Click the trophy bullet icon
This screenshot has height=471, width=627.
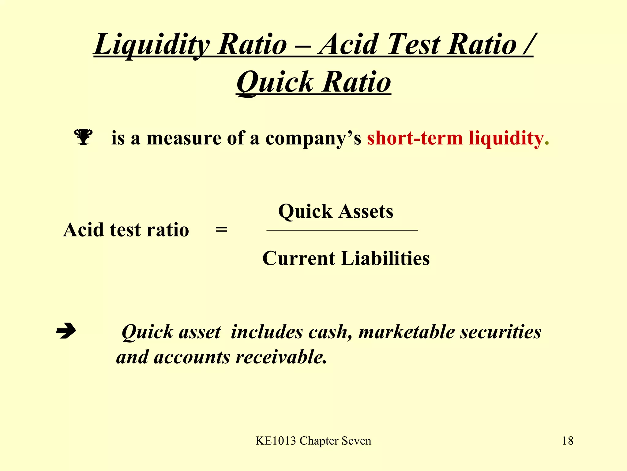pos(83,137)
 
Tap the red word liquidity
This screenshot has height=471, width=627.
pos(506,138)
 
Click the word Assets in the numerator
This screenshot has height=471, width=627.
pos(366,212)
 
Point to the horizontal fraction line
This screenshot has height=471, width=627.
pos(342,230)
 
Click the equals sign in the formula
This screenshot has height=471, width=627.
pos(221,230)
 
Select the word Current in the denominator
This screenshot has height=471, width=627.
pos(298,258)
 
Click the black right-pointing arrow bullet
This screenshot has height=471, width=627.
pos(66,331)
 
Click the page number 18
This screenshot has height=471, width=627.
pos(568,441)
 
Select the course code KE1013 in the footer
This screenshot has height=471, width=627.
pos(276,441)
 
